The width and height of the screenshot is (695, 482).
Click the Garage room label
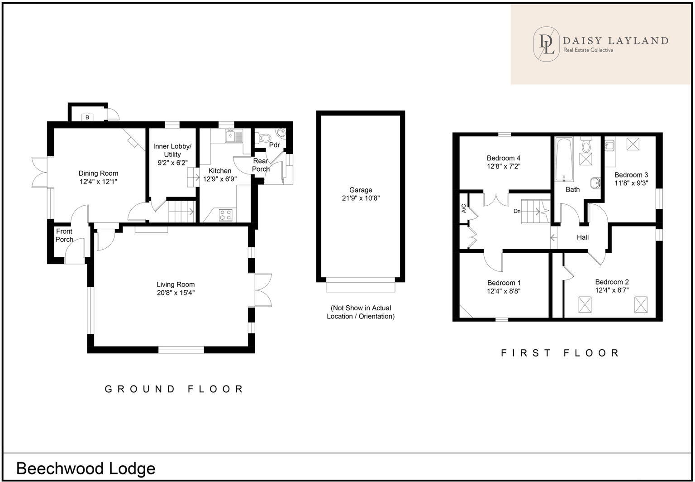tap(361, 190)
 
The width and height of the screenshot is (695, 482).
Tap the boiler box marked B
tap(88, 117)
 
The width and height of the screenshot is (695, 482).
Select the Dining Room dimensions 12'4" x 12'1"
tap(98, 182)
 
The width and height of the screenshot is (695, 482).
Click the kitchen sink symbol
tap(234, 136)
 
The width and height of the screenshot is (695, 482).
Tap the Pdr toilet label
tap(274, 145)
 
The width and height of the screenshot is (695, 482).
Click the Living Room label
tap(176, 284)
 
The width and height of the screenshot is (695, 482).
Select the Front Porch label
tap(64, 235)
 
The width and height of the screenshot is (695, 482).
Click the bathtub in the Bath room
tap(564, 160)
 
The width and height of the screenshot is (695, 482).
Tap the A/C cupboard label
tap(464, 209)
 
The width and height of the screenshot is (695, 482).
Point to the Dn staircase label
tap(517, 211)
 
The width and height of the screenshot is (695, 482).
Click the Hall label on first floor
tap(582, 237)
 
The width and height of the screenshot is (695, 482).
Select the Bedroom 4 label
tap(503, 158)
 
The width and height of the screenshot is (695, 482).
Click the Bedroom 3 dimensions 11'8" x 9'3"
tap(631, 183)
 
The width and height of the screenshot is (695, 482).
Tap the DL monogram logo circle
tap(546, 43)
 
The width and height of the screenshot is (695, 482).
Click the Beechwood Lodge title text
tap(86, 468)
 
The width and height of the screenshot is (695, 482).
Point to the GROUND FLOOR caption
tap(174, 389)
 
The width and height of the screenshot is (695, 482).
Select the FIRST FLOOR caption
tap(560, 352)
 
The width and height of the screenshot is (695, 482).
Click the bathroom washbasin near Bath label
tap(595, 183)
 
